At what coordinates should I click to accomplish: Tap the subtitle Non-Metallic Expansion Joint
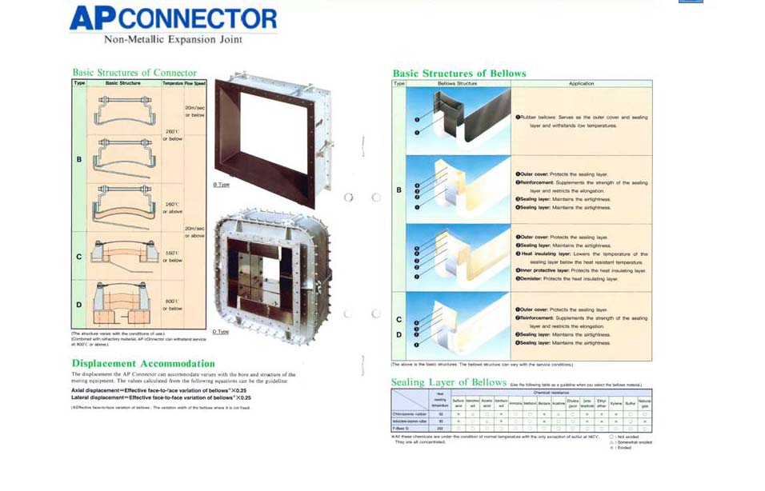pyautogui.click(x=173, y=39)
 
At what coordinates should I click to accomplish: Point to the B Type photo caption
pyautogui.click(x=221, y=185)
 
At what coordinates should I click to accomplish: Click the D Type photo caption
pyautogui.click(x=221, y=331)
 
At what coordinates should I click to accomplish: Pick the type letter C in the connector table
pyautogui.click(x=78, y=257)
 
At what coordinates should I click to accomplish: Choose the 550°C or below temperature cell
pyautogui.click(x=173, y=256)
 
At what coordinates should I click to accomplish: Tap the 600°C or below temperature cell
pyautogui.click(x=173, y=304)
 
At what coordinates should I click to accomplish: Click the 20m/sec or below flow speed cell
pyautogui.click(x=194, y=110)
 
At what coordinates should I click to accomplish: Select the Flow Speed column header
pyautogui.click(x=194, y=83)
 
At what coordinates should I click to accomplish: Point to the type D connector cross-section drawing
pyautogui.click(x=123, y=304)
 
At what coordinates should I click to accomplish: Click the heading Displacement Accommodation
pyautogui.click(x=143, y=363)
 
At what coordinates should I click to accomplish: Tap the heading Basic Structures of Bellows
pyautogui.click(x=459, y=74)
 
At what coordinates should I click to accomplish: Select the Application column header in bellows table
pyautogui.click(x=581, y=83)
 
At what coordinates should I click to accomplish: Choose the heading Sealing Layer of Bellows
pyautogui.click(x=448, y=382)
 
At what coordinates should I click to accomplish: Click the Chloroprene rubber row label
pyautogui.click(x=410, y=414)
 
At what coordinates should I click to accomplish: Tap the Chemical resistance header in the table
pyautogui.click(x=552, y=393)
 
